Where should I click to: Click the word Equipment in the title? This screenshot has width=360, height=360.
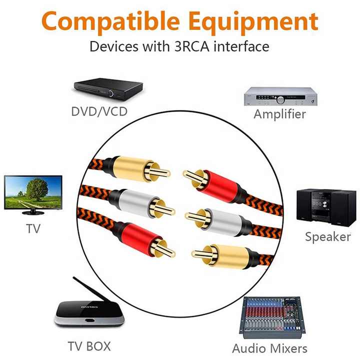[x=253, y=22]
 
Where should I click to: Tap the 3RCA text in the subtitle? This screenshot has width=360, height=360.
[x=192, y=46]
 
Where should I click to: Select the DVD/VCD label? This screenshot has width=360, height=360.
[x=99, y=111]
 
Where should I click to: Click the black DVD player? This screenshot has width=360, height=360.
[x=108, y=89]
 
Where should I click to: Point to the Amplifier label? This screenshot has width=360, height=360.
[x=279, y=114]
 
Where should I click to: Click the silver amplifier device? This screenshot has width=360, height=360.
[x=280, y=96]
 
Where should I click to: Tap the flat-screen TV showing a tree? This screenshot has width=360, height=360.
[x=33, y=195]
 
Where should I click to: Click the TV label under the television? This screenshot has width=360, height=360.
[x=33, y=228]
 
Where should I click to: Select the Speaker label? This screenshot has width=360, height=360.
[x=328, y=237]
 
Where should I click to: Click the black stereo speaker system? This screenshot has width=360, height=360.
[x=326, y=207]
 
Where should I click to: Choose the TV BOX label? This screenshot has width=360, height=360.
[x=89, y=346]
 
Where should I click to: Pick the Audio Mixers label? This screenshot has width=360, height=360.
[x=269, y=348]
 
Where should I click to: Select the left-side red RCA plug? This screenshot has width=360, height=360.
[x=143, y=239]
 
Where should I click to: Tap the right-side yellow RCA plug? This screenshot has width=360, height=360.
[x=225, y=255]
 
